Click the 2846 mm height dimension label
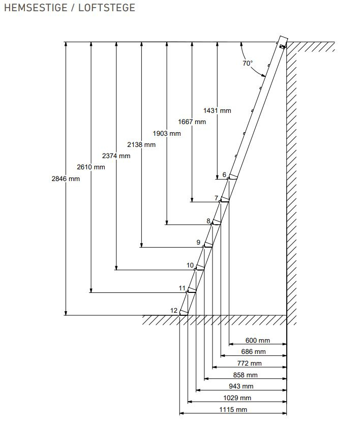66,178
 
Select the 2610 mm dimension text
91,167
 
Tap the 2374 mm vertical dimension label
116,156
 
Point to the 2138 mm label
141,144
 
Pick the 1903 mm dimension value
166,133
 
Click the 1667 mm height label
192,122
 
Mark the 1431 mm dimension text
217,110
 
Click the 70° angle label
247,64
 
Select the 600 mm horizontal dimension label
258,340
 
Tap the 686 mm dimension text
253,351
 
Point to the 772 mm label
249,363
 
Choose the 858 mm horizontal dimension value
245,375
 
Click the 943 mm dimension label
241,386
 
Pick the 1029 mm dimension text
237,398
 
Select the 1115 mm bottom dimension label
233,409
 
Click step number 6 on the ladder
224,175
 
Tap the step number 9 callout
198,243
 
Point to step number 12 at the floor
174,311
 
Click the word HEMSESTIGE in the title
35,8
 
